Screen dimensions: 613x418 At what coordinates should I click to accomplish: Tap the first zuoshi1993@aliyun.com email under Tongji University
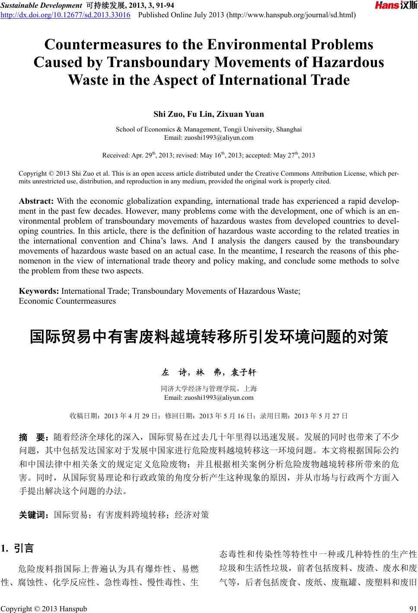209,138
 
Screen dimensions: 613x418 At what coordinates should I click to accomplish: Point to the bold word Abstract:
36,201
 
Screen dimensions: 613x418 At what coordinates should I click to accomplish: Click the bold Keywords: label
39,291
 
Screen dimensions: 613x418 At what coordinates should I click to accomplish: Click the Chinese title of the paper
209,336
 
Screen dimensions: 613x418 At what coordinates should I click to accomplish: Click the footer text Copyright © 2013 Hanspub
45,608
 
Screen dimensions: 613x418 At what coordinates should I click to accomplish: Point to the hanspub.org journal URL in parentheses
291,15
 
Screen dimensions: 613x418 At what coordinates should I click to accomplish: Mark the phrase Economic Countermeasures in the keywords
67,301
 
